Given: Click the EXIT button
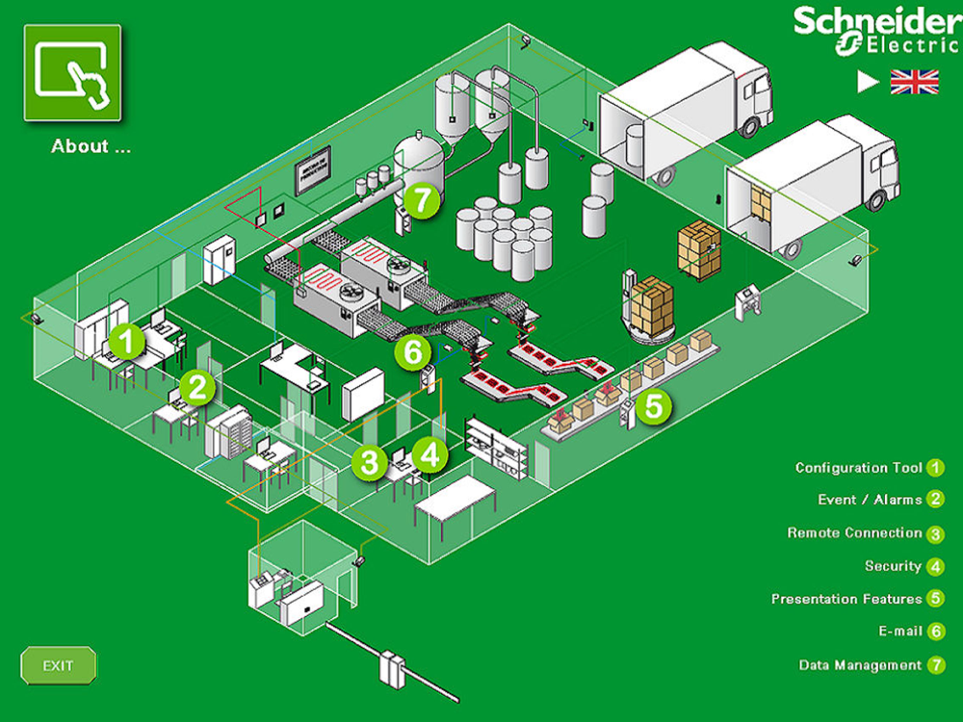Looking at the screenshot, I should click(59, 665).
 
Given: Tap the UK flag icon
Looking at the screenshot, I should click(914, 82).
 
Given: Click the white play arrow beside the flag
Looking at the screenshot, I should click(868, 83).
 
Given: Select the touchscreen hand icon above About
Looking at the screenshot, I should click(72, 73).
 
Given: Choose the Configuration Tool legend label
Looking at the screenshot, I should click(858, 468).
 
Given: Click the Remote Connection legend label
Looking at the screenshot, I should click(854, 533).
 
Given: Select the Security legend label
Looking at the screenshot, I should click(893, 566).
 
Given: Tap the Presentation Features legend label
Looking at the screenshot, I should click(846, 599).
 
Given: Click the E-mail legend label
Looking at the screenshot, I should click(900, 632).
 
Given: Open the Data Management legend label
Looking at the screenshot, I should click(860, 665).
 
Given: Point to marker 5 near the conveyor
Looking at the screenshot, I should click(654, 405).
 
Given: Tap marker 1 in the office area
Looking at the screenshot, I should click(126, 339).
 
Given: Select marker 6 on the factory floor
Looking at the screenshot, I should click(413, 352).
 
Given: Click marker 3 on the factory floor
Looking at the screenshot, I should click(369, 461).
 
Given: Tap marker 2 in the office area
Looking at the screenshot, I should click(197, 387).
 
